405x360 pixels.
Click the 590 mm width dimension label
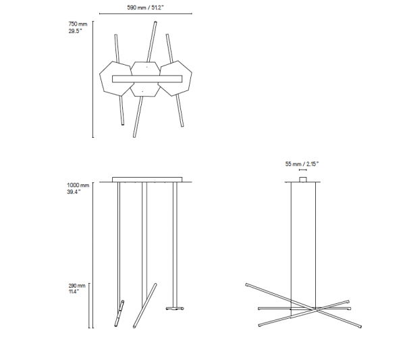click(x=145, y=7)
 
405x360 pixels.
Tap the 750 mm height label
click(x=78, y=24)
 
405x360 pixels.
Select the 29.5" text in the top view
click(x=75, y=31)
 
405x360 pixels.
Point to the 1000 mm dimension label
click(x=78, y=185)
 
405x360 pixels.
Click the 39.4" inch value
click(x=74, y=192)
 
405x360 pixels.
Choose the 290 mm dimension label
click(x=77, y=286)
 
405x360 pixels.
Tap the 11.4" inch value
click(x=74, y=292)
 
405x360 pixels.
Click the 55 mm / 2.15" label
click(x=302, y=164)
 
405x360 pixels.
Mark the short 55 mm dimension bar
click(x=302, y=170)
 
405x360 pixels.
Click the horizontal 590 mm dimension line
click(x=146, y=14)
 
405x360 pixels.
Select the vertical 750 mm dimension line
click(x=93, y=79)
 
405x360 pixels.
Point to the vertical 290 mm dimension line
click(x=89, y=306)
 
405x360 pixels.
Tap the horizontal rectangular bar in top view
click(x=147, y=79)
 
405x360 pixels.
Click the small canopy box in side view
click(x=302, y=180)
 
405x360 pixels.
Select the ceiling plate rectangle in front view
click(x=147, y=180)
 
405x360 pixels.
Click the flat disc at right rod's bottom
click(x=175, y=308)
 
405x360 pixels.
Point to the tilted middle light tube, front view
click(x=145, y=306)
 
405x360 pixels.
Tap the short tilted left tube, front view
click(x=119, y=313)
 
